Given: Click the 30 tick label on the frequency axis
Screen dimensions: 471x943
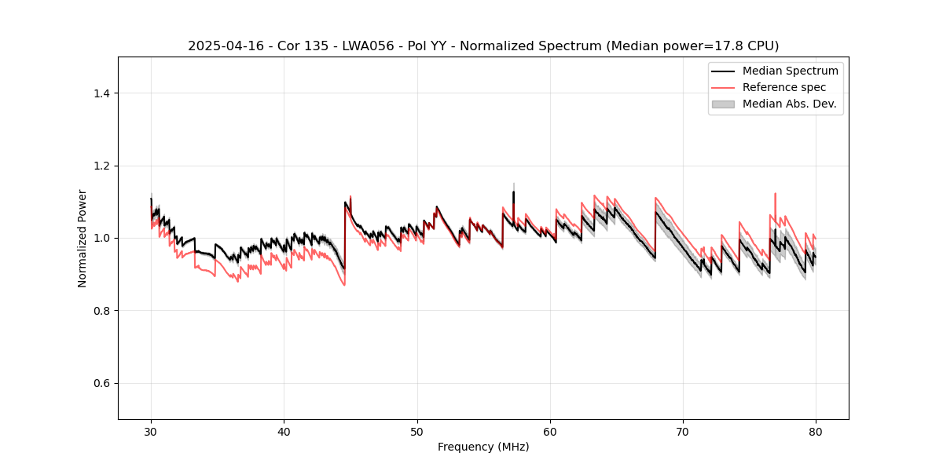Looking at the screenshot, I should [x=151, y=431].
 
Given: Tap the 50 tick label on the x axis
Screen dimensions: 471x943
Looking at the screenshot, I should [x=417, y=431].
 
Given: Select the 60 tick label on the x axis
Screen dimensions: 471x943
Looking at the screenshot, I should [x=550, y=431].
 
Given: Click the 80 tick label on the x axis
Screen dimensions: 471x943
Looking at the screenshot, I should [x=816, y=431].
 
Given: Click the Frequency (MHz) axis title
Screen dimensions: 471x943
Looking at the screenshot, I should [x=483, y=447].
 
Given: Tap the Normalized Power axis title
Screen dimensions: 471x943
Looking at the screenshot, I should [x=83, y=238].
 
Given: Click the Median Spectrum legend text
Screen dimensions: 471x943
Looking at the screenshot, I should [x=790, y=71].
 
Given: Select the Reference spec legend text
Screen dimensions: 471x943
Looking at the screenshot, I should [x=784, y=87].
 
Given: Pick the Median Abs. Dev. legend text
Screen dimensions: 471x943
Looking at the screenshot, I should [x=789, y=104].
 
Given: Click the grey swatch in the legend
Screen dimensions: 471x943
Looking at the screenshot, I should [x=723, y=104].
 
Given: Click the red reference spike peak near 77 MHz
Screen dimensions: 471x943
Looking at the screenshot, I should [x=775, y=193].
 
